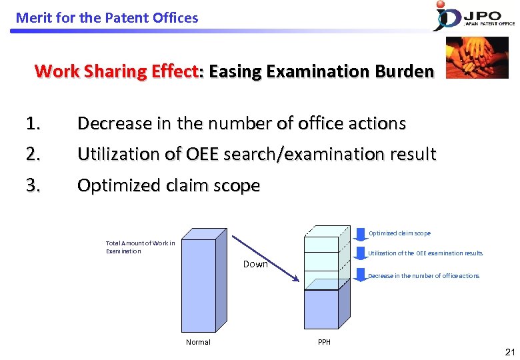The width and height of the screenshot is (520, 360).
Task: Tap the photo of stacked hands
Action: tap(477, 57)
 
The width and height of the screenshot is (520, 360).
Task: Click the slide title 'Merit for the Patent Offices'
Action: tap(107, 18)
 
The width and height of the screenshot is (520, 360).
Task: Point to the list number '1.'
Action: tap(33, 123)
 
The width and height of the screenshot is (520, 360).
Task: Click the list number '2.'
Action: tap(33, 155)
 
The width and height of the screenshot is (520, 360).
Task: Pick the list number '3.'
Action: tap(33, 185)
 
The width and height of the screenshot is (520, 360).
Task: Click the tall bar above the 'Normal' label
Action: tap(198, 280)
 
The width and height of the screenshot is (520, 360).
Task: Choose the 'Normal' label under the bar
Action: tap(198, 342)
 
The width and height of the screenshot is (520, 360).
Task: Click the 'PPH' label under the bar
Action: tap(324, 342)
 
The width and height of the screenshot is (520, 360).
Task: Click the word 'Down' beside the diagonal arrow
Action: tap(255, 264)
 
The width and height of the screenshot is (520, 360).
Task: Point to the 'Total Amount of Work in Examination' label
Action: tap(140, 247)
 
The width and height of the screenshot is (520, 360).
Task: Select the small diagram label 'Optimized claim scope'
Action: tap(399, 233)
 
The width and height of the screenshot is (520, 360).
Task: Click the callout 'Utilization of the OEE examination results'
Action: tap(425, 253)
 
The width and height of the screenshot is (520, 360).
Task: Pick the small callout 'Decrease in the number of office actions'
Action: tap(423, 276)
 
